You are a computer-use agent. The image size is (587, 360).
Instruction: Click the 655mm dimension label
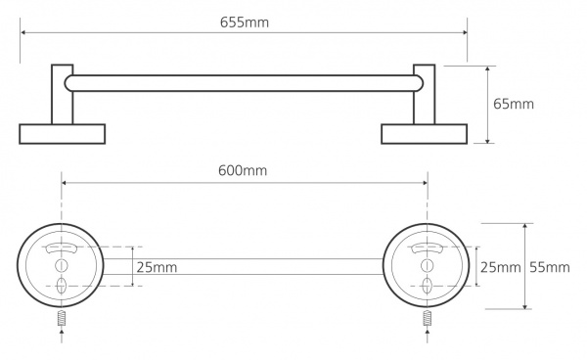coord(245,22)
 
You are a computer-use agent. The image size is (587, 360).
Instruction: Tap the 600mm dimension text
coord(243,170)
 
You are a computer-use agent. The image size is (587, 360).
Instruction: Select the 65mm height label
coord(514,104)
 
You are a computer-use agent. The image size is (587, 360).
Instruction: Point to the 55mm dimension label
coord(550,267)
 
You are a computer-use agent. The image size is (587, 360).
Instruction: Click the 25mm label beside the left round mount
coord(157,267)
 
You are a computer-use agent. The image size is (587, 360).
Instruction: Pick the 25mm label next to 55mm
coord(501,267)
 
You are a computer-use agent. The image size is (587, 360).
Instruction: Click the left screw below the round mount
coord(62,318)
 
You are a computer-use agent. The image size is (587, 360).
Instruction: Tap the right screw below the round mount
coord(428,318)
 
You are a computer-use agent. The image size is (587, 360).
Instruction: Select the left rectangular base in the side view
coord(63,134)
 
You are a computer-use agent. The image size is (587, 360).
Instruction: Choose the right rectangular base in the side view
coord(425,134)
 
